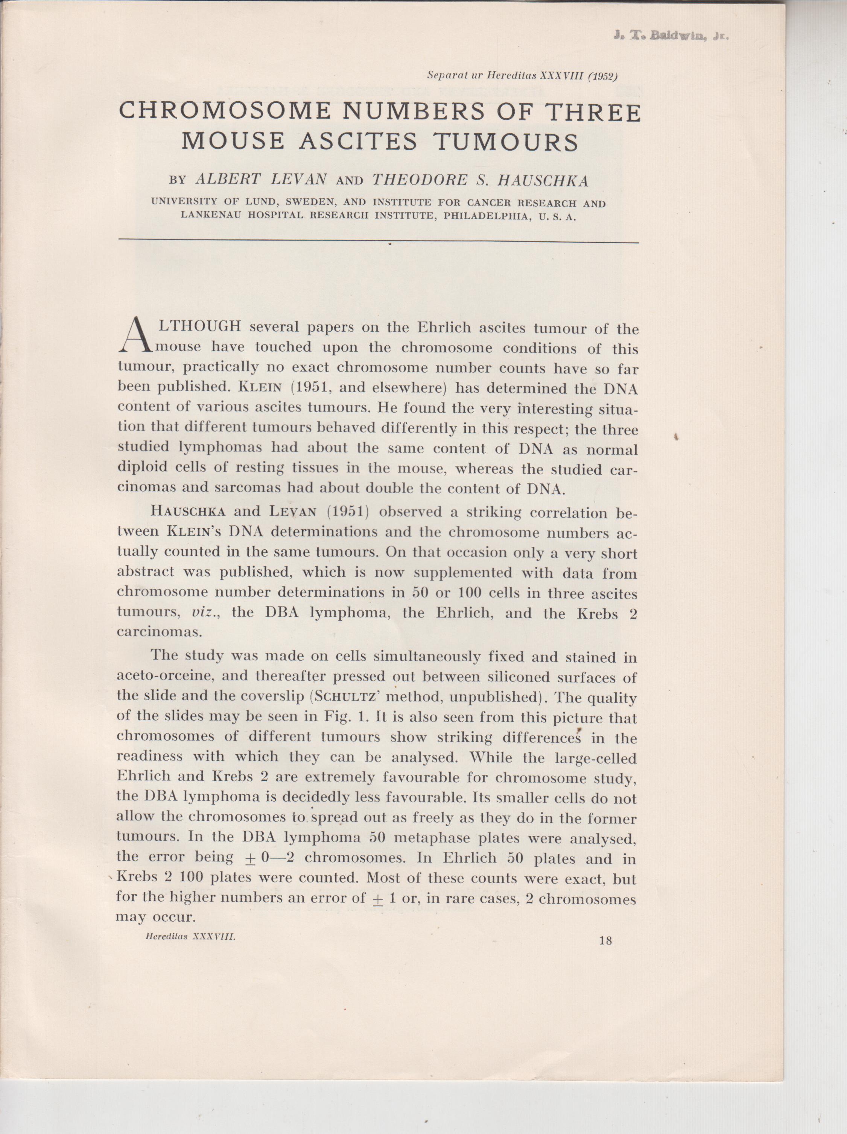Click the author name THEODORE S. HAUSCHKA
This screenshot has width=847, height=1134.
tap(480, 180)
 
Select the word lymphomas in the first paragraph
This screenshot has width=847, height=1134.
tap(220, 448)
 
